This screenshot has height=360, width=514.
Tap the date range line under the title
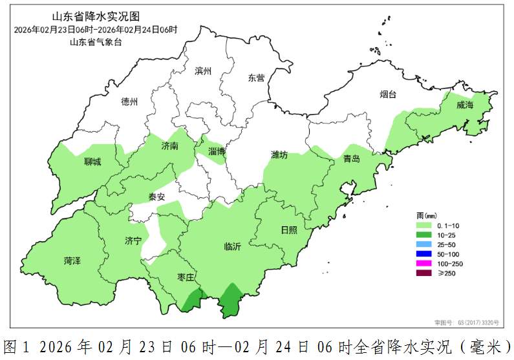tap(96, 30)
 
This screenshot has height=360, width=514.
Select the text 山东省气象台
tap(96, 42)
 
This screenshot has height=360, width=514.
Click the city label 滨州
tap(203, 72)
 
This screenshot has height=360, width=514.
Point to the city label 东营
tap(256, 78)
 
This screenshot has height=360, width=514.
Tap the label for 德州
tap(129, 102)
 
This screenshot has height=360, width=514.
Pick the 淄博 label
tap(217, 151)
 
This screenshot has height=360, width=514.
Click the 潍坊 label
tap(279, 155)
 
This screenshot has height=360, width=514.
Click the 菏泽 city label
tap(72, 261)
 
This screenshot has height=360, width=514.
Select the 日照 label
tap(289, 229)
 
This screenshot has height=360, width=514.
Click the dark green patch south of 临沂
tap(229, 301)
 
